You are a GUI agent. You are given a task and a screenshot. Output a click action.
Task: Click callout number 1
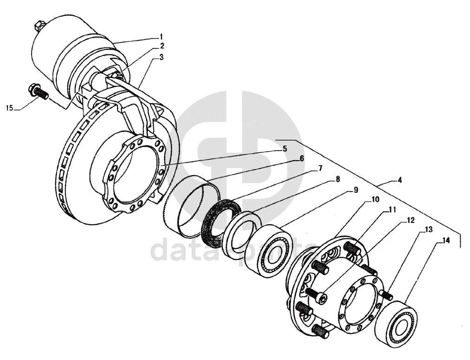tap(161, 36)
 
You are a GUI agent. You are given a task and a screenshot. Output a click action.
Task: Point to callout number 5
tap(284, 149)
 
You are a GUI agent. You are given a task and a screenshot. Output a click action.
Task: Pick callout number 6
tap(301, 158)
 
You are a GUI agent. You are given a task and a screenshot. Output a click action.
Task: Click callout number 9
tap(355, 190)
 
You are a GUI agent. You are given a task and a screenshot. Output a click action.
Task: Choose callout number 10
tap(375, 199)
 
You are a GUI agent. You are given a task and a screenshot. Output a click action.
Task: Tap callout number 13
tap(428, 229)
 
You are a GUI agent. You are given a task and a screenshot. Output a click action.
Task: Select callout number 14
tap(446, 241)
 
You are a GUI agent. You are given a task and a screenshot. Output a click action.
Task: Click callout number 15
tap(10, 108)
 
